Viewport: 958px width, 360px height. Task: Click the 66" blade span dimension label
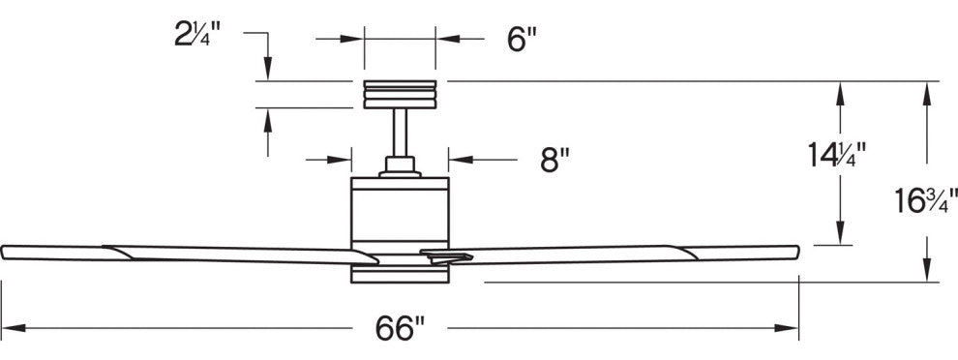tap(401, 329)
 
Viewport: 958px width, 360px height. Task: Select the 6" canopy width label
tap(522, 40)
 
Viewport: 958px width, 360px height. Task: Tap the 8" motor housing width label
tap(554, 160)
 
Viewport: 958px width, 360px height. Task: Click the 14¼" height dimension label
tap(838, 155)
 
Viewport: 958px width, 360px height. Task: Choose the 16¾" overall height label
tap(926, 200)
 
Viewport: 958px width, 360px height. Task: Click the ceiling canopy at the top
tap(401, 94)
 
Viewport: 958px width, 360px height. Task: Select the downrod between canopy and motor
tap(401, 133)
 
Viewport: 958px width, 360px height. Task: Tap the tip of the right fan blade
tap(798, 252)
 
